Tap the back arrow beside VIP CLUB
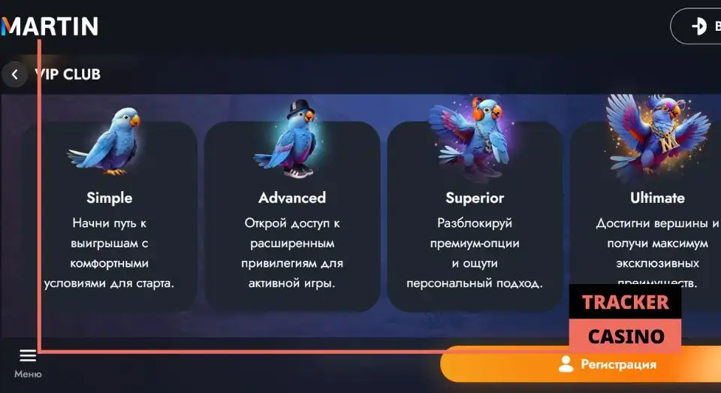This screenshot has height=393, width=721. pyautogui.click(x=14, y=75)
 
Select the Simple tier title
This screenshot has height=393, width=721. pyautogui.click(x=109, y=198)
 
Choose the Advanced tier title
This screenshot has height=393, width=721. pyautogui.click(x=292, y=198)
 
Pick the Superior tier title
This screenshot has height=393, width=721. pyautogui.click(x=475, y=198)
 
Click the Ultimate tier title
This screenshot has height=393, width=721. pyautogui.click(x=657, y=198)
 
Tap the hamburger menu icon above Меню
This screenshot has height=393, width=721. pyautogui.click(x=28, y=355)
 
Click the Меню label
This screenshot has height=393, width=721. pyautogui.click(x=28, y=374)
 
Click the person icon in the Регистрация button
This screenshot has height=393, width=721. pyautogui.click(x=566, y=364)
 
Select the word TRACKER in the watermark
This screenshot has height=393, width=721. pyautogui.click(x=625, y=302)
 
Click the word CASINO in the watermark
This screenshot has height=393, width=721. pyautogui.click(x=626, y=336)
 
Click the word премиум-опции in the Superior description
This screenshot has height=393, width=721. pyautogui.click(x=474, y=243)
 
